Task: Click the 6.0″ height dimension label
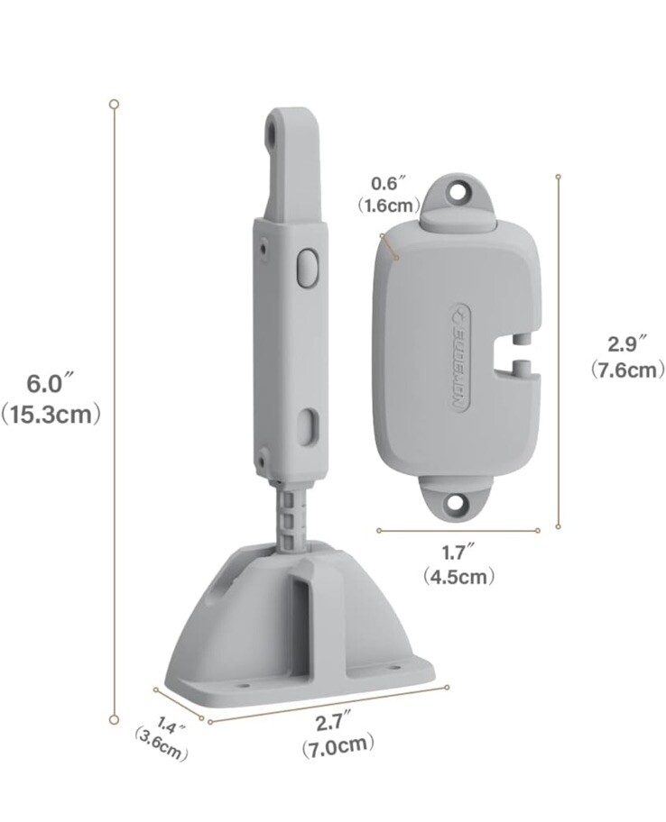[x=43, y=383]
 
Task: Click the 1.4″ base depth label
[x=171, y=725]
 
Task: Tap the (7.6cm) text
[x=626, y=369]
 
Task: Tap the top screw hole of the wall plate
[x=462, y=192]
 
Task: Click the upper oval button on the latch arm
[x=307, y=269]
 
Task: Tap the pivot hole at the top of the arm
[x=271, y=132]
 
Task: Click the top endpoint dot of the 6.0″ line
[x=114, y=104]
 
